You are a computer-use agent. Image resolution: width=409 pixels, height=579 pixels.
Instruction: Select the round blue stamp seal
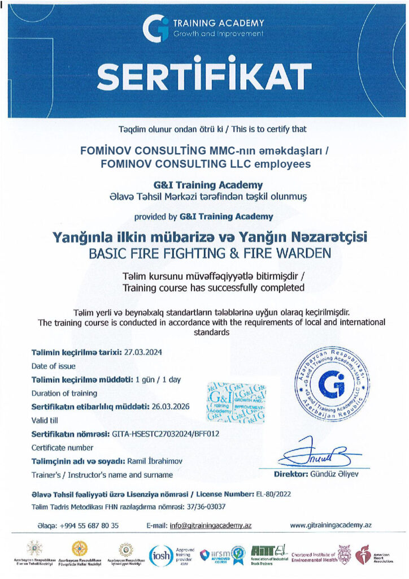pos(332,386)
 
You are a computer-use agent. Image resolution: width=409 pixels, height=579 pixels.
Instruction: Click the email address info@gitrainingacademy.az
pos(210,525)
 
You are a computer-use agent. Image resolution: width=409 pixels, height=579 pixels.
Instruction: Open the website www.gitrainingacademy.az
pos(330,525)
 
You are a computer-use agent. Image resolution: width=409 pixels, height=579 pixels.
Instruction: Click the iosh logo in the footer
pos(159,554)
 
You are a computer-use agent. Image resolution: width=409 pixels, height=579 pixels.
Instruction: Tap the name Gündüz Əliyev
pos(341,474)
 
